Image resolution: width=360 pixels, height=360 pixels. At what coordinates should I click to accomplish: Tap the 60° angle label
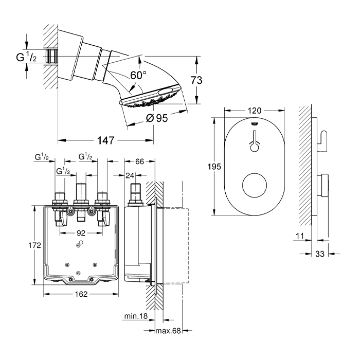[138, 75]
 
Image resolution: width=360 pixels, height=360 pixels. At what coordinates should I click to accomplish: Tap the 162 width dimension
[82, 295]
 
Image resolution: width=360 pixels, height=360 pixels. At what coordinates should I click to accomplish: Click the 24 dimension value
[130, 175]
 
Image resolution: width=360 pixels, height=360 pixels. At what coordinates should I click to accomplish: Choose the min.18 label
[136, 316]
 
